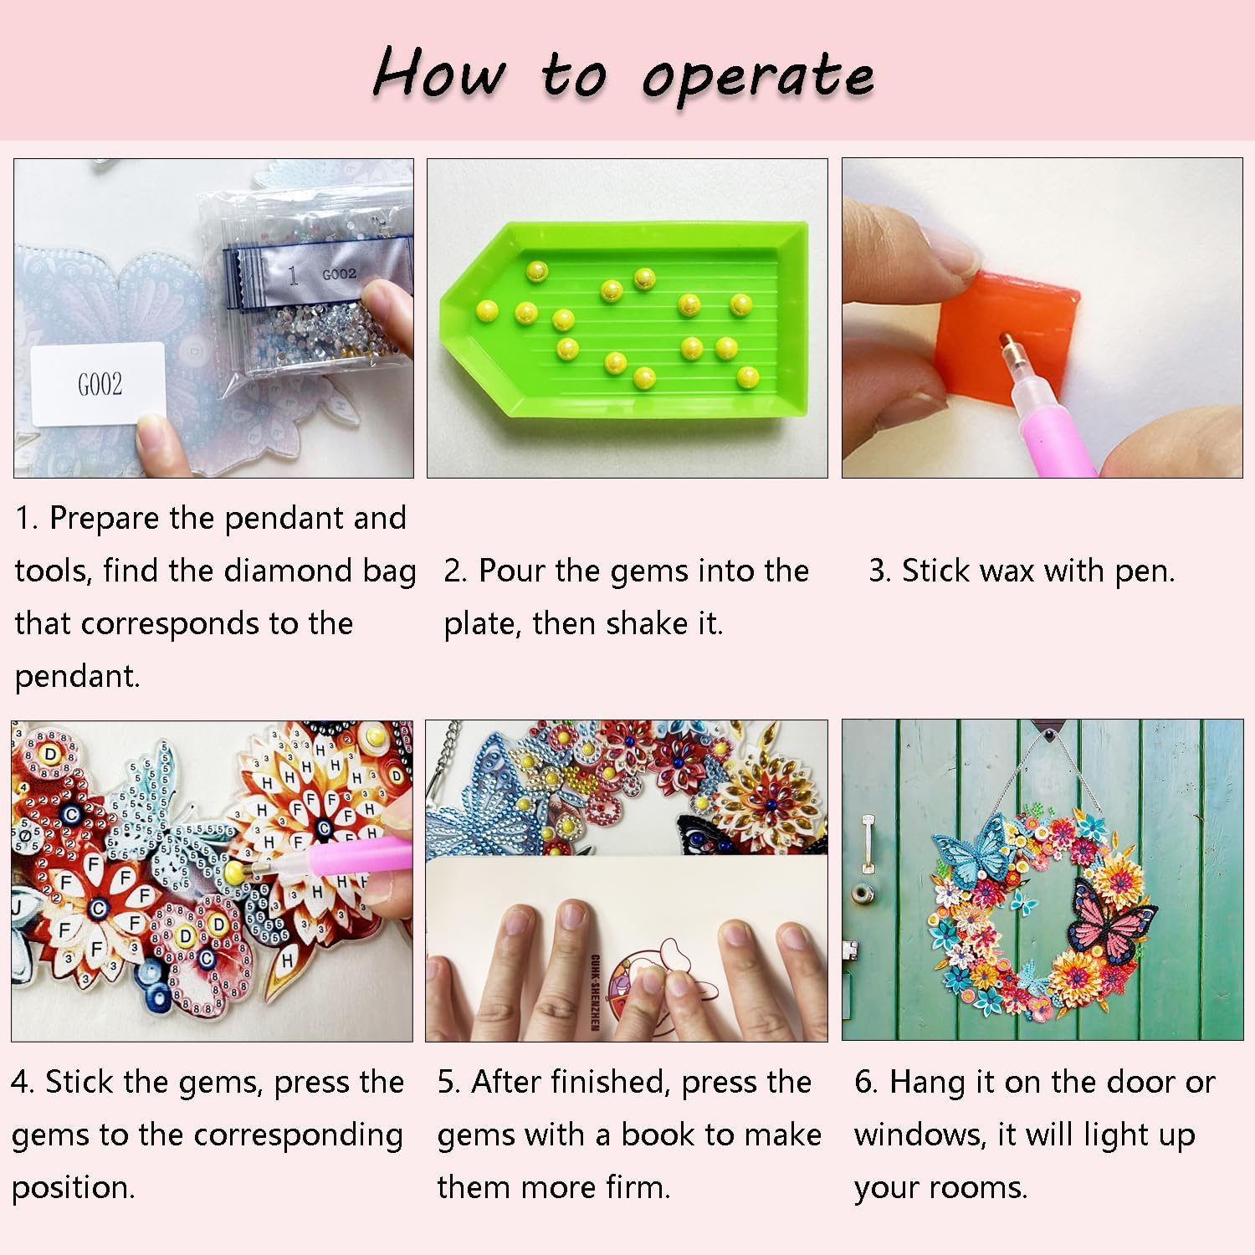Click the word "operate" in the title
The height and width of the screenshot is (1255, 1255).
pyautogui.click(x=758, y=78)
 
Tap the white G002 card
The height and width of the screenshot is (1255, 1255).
pyautogui.click(x=99, y=383)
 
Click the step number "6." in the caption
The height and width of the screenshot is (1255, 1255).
pyautogui.click(x=865, y=1083)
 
